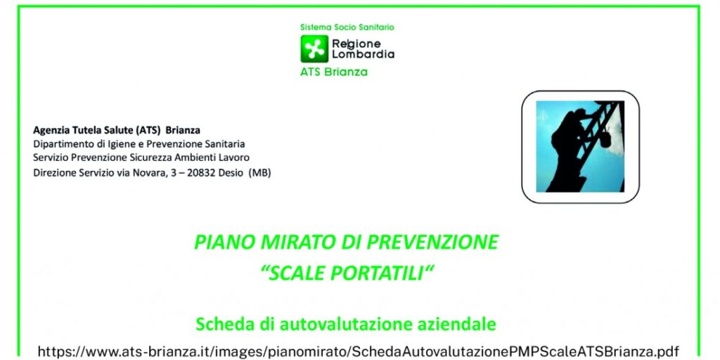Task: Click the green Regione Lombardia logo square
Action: (314, 49)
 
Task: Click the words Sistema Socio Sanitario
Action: (347, 27)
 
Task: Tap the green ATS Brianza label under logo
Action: (334, 72)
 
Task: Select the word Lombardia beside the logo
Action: (364, 54)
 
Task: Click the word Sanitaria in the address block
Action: (226, 144)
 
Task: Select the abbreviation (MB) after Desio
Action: (259, 173)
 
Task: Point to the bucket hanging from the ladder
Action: (605, 139)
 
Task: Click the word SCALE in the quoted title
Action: (297, 274)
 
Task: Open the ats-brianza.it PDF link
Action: (358, 352)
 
